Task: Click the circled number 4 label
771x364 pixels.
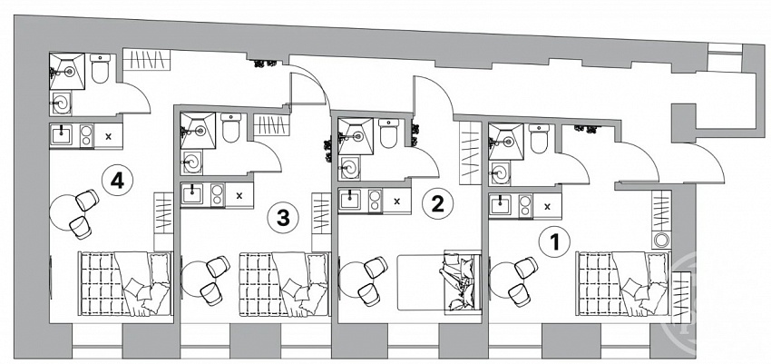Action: (x=117, y=182)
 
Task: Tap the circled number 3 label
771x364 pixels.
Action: (x=283, y=218)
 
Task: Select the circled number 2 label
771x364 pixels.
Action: (x=437, y=203)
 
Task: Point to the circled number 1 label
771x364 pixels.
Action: (x=554, y=242)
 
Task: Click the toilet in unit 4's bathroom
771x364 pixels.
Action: (x=101, y=68)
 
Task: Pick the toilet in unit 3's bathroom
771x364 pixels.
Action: (x=230, y=127)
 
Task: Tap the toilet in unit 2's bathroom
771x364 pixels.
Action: (x=388, y=133)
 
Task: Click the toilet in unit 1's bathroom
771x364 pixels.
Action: (x=539, y=138)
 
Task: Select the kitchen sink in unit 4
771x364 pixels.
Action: (x=61, y=135)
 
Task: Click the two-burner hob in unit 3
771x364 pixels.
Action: (x=217, y=195)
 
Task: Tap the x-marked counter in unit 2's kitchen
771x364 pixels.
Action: (x=396, y=201)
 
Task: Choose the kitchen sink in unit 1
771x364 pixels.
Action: (x=500, y=205)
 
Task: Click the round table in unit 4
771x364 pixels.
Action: (x=67, y=212)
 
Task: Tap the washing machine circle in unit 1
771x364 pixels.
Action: (x=661, y=241)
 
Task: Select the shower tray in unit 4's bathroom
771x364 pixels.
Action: (x=67, y=72)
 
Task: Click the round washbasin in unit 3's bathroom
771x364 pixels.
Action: (x=191, y=162)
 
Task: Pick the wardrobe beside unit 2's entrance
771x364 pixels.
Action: (x=470, y=152)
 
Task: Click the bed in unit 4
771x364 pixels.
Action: (x=125, y=284)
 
